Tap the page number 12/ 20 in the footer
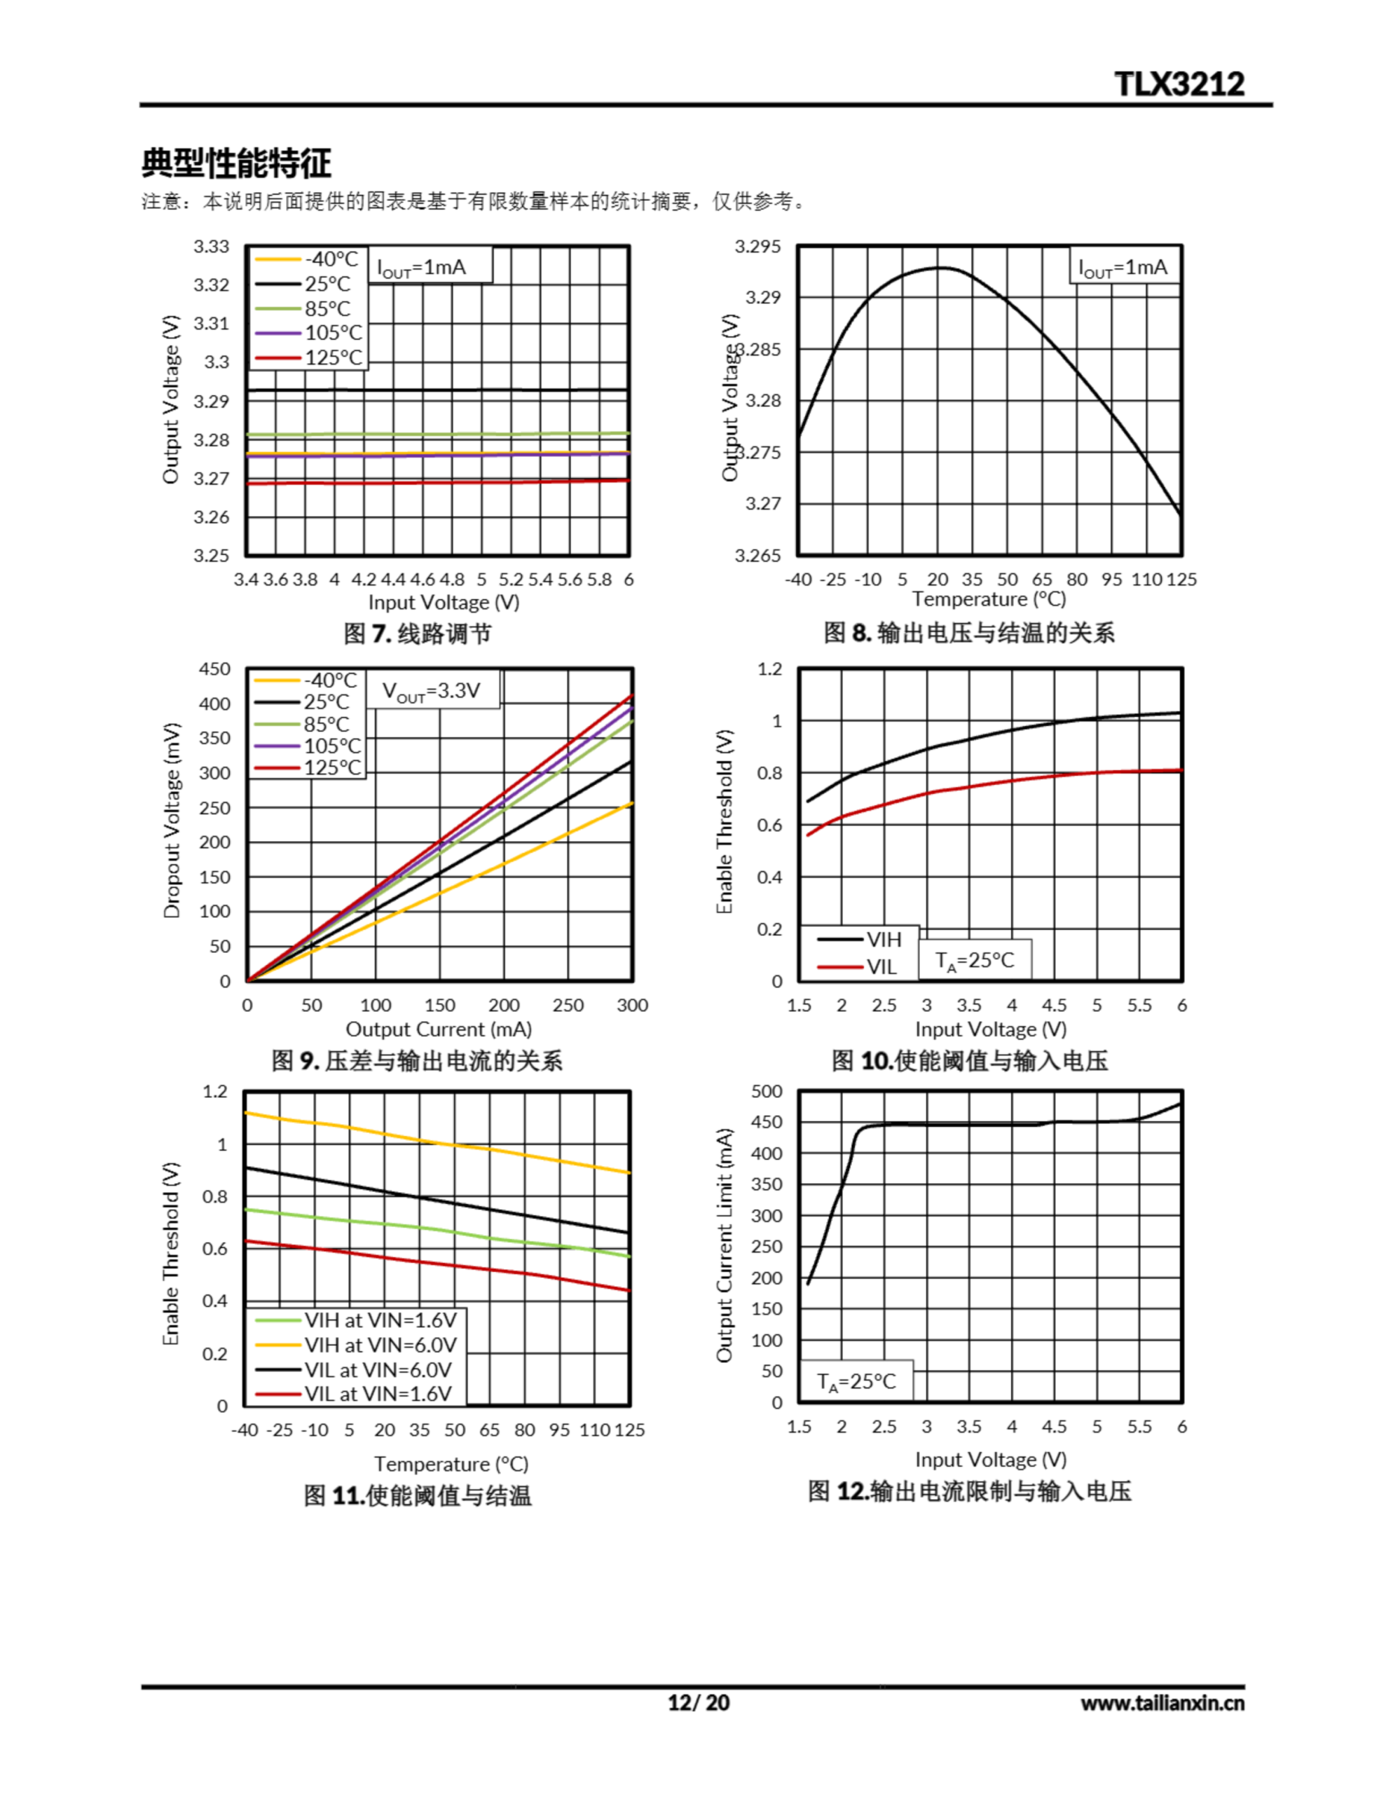pos(699,1702)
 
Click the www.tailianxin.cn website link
pos(1162,1703)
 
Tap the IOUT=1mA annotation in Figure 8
pos(1123,268)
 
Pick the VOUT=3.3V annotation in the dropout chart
pos(432,691)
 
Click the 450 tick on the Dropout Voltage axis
pos(214,669)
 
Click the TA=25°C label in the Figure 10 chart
pos(975,960)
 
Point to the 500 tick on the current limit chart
pos(767,1091)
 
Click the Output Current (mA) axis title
pos(439,1029)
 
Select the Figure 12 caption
pos(970,1491)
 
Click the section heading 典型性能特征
pos(237,163)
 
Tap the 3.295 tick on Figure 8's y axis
pos(757,247)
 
